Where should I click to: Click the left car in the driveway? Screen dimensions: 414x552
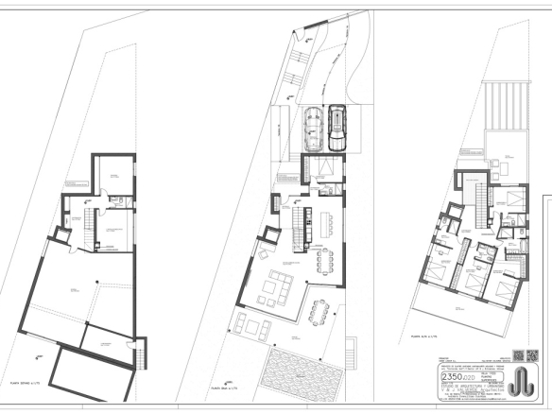312,130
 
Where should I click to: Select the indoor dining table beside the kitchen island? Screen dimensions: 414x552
328,259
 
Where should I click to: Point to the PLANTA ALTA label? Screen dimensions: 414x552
421,336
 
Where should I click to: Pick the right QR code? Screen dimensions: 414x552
517,356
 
